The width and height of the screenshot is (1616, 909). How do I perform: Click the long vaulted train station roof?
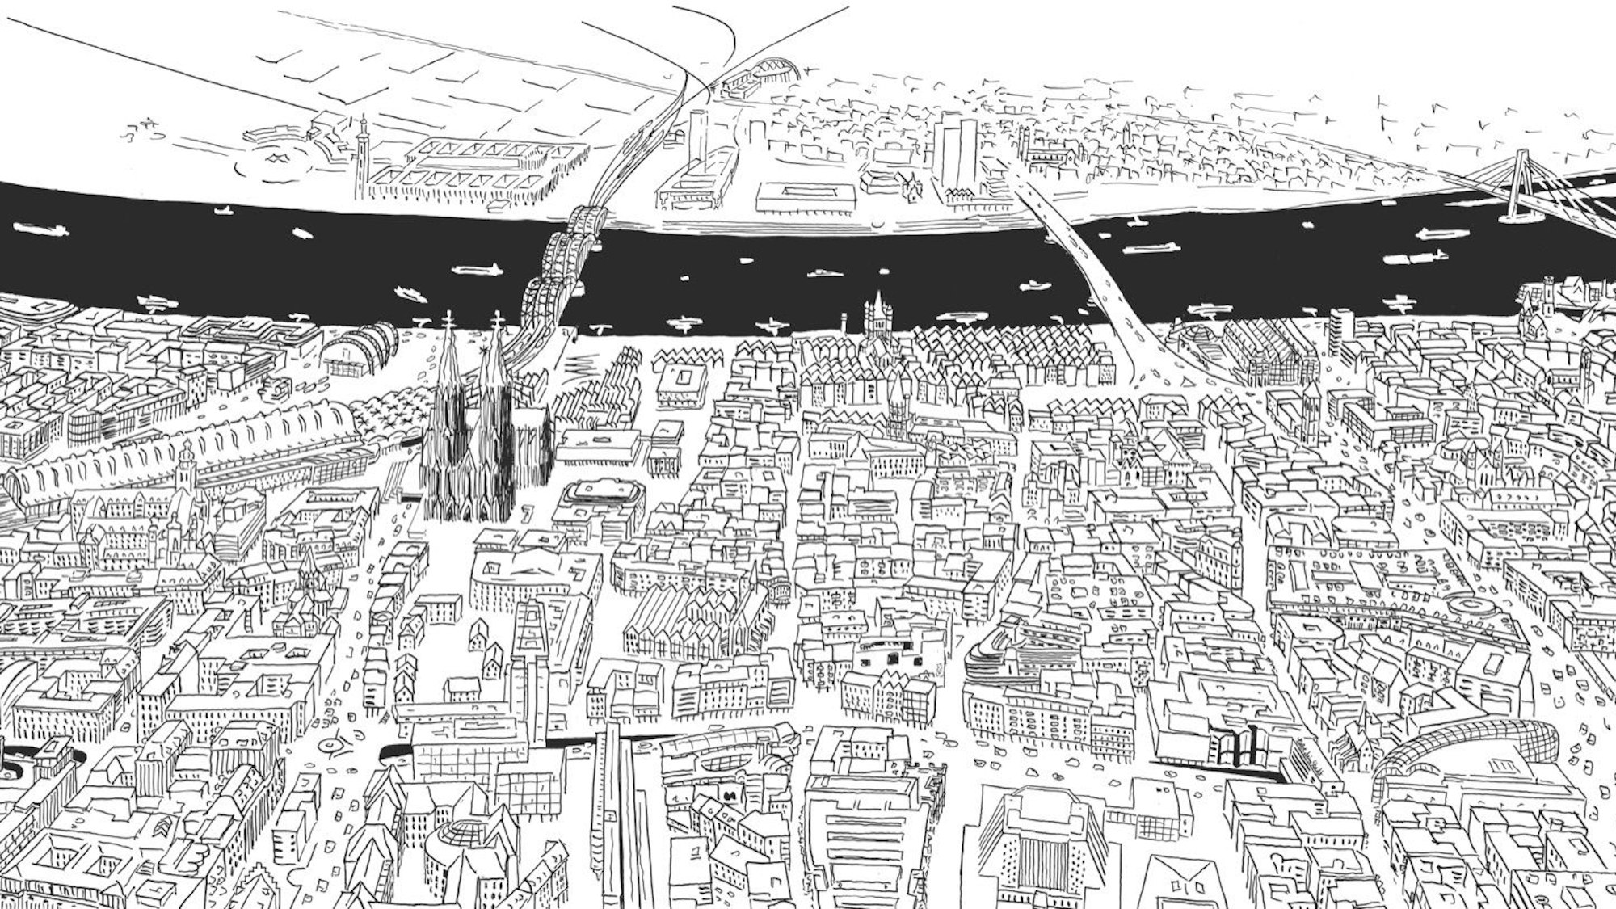(242, 436)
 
